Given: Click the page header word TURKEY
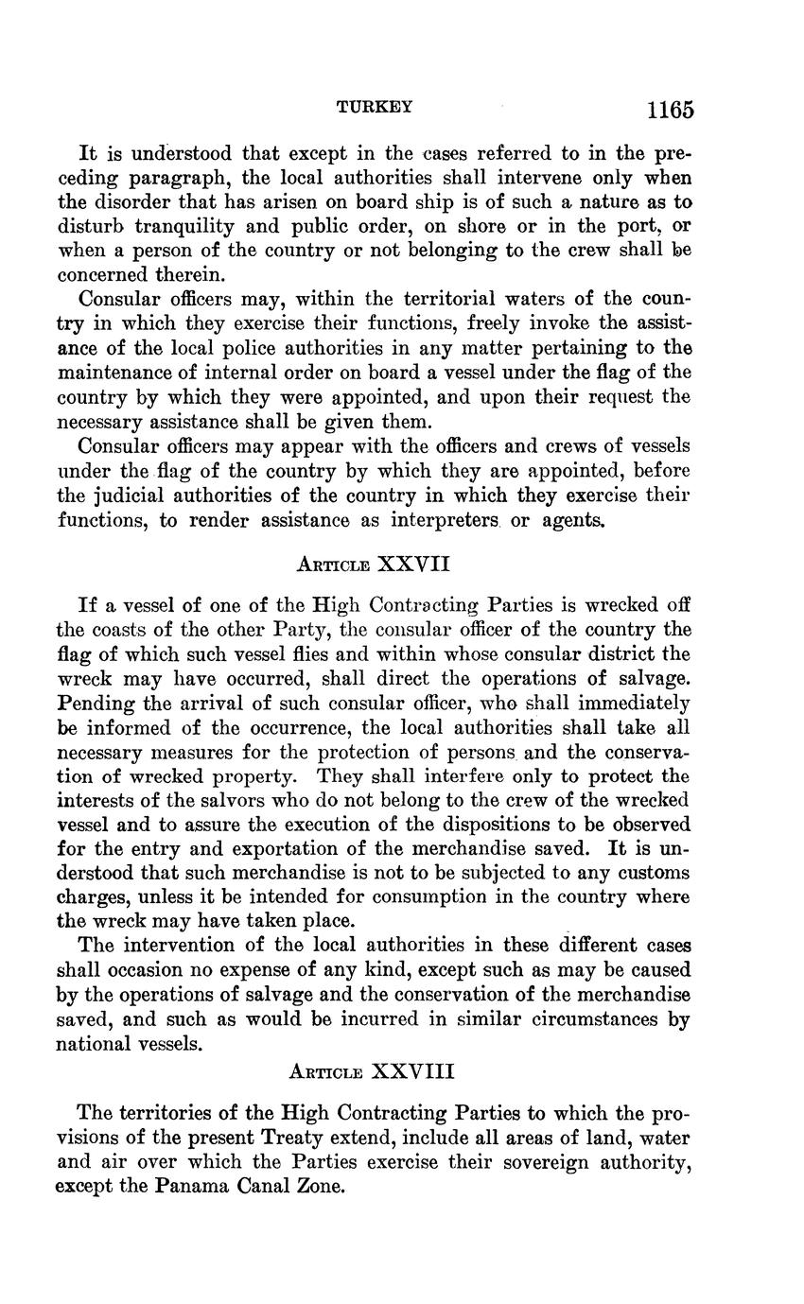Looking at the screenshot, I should [375, 108].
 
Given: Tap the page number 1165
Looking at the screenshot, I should [670, 110].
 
